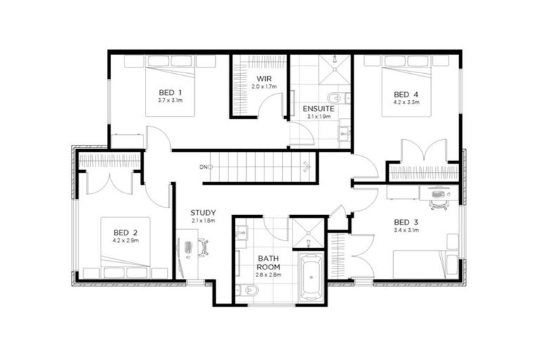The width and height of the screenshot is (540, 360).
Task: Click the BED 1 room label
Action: coord(170,93)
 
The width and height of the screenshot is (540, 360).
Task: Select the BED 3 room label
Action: coord(406,219)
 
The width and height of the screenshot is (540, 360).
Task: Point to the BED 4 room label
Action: coord(406,94)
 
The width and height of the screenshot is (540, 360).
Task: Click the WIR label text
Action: coord(264,78)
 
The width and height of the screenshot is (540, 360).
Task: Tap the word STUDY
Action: coord(203,212)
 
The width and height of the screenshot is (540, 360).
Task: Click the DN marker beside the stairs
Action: coord(203,167)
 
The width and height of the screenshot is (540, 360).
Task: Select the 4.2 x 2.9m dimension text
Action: coord(126,241)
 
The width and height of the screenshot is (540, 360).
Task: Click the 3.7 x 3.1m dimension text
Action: coord(170,101)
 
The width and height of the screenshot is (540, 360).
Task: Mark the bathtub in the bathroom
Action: coord(310,277)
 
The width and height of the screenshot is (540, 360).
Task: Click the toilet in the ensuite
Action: coord(335,98)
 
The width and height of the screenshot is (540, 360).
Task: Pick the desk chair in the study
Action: coord(202,247)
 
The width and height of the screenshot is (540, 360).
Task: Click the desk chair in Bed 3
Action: coord(439,202)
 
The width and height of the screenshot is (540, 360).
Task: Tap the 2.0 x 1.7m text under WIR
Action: coord(264,86)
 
